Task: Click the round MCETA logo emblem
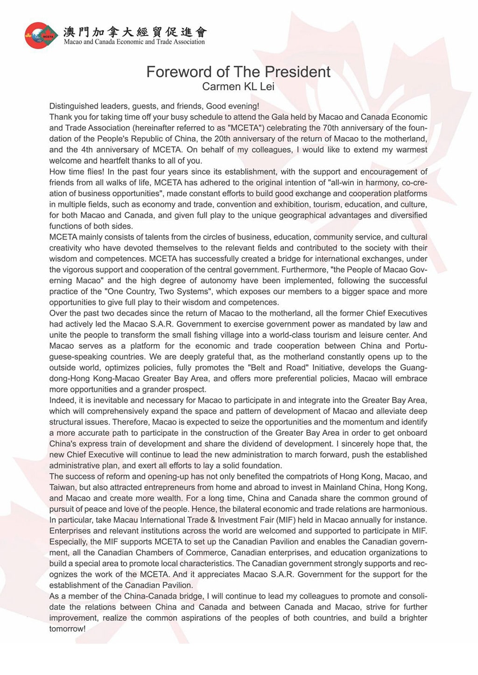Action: tap(42, 35)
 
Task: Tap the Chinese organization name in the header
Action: tap(135, 32)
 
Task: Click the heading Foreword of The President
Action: tap(238, 72)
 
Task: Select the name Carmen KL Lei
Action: tap(238, 87)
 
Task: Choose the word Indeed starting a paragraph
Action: tap(62, 400)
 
